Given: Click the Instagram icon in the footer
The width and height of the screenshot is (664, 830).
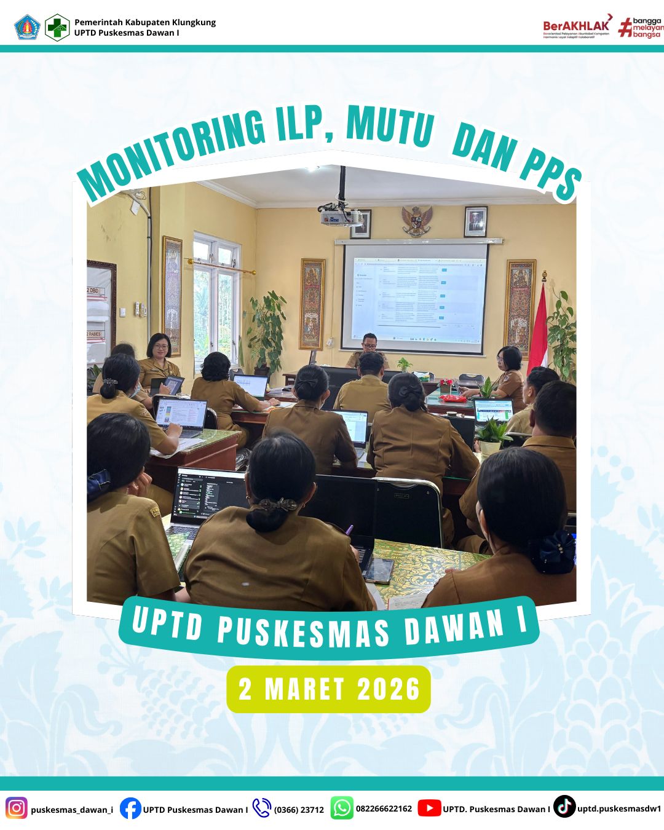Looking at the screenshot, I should point(17,807).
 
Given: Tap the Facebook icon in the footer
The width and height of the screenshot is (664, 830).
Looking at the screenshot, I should point(130,808).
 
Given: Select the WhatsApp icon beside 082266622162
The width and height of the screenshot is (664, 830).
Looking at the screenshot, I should point(342,808).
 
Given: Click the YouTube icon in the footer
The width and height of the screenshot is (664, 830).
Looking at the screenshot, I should point(429,808).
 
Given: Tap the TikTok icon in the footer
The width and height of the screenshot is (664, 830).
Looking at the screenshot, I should point(564,807).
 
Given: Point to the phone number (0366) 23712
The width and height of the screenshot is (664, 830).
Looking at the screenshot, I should point(299,810).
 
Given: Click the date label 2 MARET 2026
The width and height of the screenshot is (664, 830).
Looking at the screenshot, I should point(329,689).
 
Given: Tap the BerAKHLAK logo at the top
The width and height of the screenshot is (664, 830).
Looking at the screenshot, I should point(577,27).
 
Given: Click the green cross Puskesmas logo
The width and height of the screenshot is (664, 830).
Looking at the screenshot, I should point(57,28).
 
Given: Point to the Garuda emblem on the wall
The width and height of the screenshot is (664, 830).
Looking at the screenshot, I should point(417,221).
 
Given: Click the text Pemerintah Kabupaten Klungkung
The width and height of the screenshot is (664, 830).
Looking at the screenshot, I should point(145,22).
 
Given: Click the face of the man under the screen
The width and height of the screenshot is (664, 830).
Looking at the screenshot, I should point(369,343).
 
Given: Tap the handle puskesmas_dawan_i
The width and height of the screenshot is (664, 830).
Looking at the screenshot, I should point(72,810).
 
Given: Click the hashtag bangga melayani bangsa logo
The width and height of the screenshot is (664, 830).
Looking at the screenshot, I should point(641,28).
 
